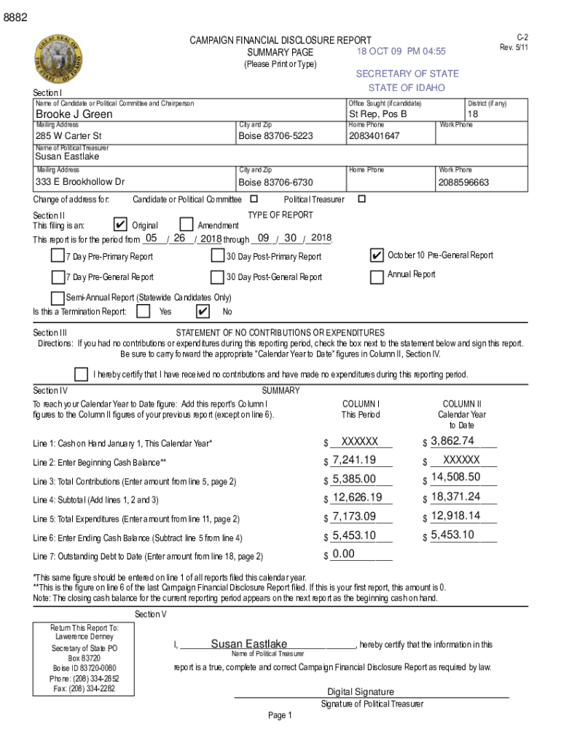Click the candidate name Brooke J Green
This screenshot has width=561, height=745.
tap(74, 114)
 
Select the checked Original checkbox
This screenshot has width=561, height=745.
tap(122, 225)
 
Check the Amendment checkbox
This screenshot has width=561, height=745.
tap(186, 225)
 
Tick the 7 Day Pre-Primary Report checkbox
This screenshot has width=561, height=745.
tap(58, 255)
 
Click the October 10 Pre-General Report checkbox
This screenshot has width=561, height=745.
tap(377, 255)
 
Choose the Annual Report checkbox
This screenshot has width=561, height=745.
tap(377, 276)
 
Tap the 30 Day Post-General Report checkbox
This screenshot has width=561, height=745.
tap(217, 276)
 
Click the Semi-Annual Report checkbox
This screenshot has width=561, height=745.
tap(58, 298)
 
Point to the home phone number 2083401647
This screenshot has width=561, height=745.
tap(374, 136)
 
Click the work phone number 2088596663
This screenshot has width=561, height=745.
tap(463, 182)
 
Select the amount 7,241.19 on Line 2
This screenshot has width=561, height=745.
tap(354, 459)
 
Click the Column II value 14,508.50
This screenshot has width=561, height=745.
tap(455, 477)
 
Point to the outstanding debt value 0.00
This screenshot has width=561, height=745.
tap(343, 554)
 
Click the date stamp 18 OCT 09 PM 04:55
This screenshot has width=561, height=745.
tap(401, 52)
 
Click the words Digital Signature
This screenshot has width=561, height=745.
tap(361, 692)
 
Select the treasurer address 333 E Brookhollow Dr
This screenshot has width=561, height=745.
tap(80, 182)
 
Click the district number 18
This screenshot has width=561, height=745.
tap(474, 114)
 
